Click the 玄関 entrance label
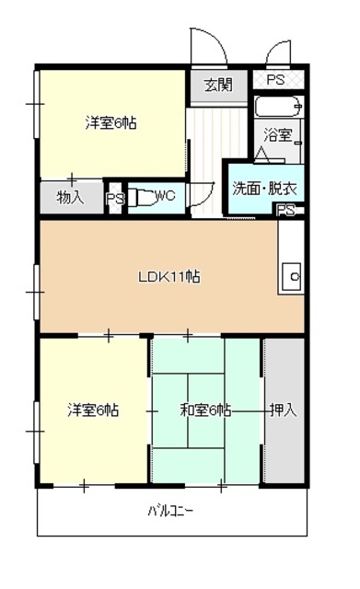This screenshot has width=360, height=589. [x=217, y=86]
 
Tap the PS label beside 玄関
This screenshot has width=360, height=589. [x=275, y=79]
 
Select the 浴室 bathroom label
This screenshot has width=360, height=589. [x=279, y=135]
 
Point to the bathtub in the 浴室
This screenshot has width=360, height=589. [x=277, y=108]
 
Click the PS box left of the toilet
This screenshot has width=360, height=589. [x=115, y=198]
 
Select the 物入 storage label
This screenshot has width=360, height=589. [x=70, y=196]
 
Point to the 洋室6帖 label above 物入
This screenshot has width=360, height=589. [x=110, y=122]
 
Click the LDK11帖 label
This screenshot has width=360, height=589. [x=170, y=276]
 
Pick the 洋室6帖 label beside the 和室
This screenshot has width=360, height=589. [x=92, y=409]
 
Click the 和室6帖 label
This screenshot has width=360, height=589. [x=204, y=409]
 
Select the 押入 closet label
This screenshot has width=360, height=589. [x=283, y=409]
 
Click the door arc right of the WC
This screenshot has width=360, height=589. [x=204, y=193]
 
